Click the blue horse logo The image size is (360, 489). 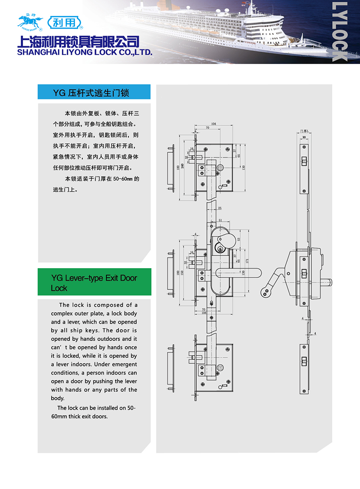tap(30, 24)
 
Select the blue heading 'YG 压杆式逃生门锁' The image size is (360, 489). tap(91, 92)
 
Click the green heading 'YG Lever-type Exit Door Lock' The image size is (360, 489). tap(94, 282)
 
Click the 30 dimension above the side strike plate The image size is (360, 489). tap(304, 137)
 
